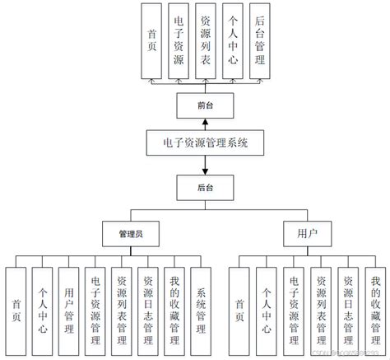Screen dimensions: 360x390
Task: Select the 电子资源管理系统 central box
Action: coord(205,143)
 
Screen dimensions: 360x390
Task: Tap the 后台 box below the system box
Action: coord(205,188)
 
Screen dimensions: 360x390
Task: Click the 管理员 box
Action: coord(126,234)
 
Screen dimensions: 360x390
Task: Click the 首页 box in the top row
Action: coord(151,41)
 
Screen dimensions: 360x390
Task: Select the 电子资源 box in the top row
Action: coord(179,41)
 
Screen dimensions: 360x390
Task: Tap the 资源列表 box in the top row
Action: coord(206,41)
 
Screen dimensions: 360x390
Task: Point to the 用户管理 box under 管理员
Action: coord(70,310)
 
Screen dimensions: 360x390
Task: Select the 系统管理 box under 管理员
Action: coord(202,310)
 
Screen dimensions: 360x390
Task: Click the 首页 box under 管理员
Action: coord(16,310)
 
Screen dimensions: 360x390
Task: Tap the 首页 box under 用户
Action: coord(240,310)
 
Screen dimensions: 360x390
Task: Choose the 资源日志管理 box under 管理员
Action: coord(149,310)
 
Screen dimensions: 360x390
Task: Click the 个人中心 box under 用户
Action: coord(267,310)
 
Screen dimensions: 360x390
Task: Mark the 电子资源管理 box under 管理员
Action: coord(96,310)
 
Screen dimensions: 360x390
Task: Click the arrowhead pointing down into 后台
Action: coord(205,171)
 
